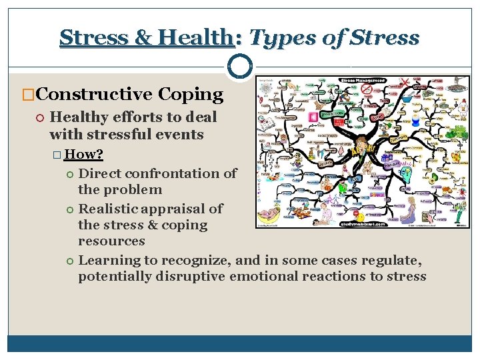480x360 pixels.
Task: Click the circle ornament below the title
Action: point(239,67)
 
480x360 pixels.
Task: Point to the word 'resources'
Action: point(111,241)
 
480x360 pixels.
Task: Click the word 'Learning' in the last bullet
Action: point(109,260)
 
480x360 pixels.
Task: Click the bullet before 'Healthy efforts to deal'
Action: point(40,117)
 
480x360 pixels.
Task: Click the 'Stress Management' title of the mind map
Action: point(364,81)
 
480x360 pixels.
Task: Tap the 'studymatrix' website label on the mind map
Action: point(363,224)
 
